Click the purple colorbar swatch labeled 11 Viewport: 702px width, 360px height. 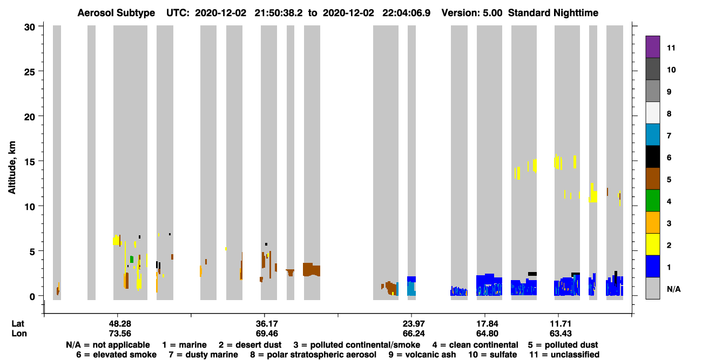coord(652,47)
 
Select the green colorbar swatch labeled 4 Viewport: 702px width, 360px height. coord(652,201)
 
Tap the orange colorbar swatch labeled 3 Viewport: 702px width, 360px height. coord(652,223)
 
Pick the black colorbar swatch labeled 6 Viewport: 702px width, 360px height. coord(652,157)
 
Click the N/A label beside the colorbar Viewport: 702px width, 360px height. coord(673,289)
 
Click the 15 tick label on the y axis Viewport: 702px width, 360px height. coord(30,161)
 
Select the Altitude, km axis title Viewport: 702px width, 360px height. coord(12,167)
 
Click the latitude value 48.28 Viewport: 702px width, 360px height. coord(120,323)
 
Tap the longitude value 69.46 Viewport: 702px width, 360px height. coord(267,333)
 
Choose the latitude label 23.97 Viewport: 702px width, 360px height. coord(414,323)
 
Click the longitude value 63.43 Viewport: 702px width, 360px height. coord(561,333)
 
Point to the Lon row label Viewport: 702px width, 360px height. coord(19,333)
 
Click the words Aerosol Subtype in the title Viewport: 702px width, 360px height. coord(116,13)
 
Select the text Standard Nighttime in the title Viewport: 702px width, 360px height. coord(553,13)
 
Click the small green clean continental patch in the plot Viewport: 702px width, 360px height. coord(132,259)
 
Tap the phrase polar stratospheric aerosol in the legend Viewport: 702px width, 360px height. coord(321,355)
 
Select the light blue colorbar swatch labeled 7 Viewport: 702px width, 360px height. coord(652,135)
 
